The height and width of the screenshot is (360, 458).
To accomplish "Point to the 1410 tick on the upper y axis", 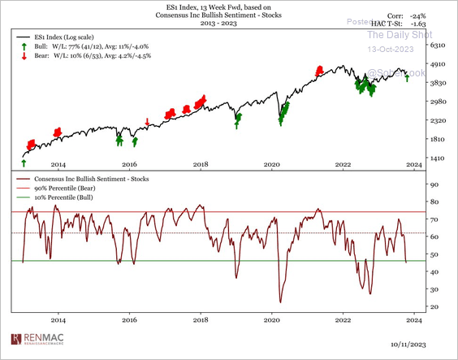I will coord(437,158).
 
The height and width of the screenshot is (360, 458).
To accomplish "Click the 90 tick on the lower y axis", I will coord(434,184).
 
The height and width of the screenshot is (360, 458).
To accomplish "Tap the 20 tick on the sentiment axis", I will coord(434,306).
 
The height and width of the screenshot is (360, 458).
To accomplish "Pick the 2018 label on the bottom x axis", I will coord(201,321).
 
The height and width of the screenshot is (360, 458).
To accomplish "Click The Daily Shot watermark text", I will coord(395,34).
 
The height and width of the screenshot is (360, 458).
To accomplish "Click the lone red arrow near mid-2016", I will coord(147,122).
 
